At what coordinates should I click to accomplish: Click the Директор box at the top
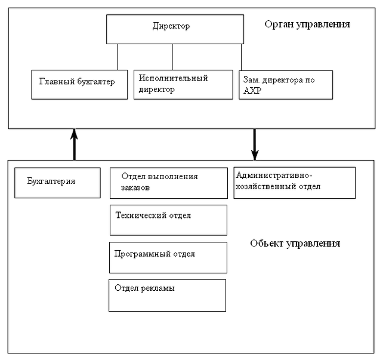tap(175, 29)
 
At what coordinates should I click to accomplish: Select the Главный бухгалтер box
tap(80, 84)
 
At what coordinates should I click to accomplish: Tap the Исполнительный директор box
tap(183, 84)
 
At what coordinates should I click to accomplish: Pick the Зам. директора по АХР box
tap(285, 85)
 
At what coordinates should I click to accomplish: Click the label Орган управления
tap(307, 24)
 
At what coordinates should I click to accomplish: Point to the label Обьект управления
tap(295, 244)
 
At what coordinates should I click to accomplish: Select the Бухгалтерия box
tap(57, 182)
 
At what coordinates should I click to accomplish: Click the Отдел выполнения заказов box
tap(169, 183)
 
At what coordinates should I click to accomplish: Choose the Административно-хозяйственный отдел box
tap(294, 182)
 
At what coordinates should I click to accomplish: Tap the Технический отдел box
tap(169, 220)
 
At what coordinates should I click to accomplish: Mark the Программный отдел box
tap(168, 257)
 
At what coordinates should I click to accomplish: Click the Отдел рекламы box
tap(167, 295)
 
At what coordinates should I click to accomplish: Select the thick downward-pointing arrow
tap(255, 144)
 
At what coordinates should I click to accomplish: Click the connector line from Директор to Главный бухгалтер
tap(118, 57)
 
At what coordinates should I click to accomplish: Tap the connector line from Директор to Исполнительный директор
tap(172, 57)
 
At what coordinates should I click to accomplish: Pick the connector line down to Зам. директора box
tap(242, 58)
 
